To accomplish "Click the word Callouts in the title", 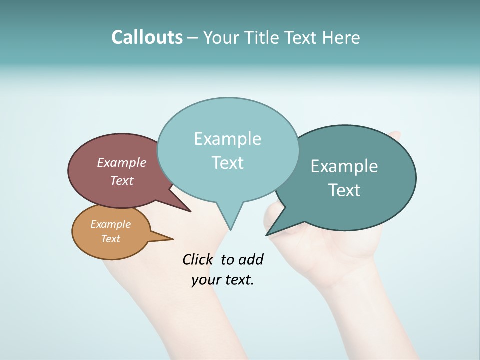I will point(147,38).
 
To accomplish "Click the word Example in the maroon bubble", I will point(122,162).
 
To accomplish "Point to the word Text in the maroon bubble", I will point(122,180).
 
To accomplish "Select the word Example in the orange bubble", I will point(110,224).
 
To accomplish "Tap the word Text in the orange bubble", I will point(110,239).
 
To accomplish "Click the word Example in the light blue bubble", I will point(227,139).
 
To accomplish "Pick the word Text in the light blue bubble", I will point(227,163).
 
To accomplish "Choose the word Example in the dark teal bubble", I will point(344,166).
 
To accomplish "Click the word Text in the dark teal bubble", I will point(344,190).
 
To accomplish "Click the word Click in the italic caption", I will point(198,259).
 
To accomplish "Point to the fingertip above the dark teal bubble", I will point(395,135).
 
